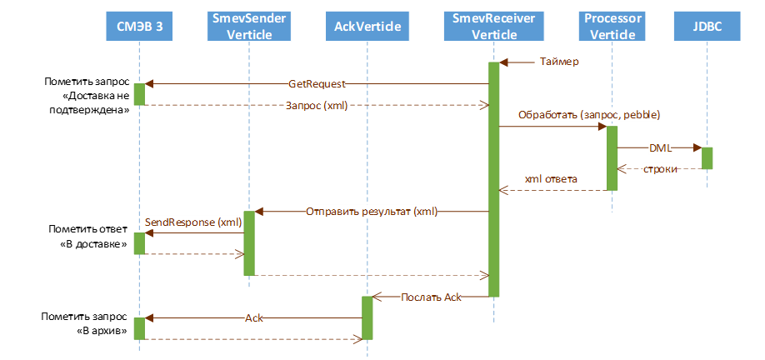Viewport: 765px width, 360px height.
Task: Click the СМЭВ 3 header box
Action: point(139,27)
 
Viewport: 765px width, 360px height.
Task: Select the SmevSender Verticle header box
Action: point(248,27)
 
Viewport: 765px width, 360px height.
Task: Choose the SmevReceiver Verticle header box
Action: point(493,27)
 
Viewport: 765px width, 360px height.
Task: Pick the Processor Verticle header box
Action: point(612,27)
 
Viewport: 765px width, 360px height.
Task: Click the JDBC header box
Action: point(707,27)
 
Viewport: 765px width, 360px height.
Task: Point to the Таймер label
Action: point(559,61)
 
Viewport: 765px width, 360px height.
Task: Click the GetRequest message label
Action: point(317,83)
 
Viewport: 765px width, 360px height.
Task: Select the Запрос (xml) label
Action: point(317,105)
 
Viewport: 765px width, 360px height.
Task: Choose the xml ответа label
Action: point(551,179)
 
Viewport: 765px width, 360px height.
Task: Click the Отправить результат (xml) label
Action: point(372,212)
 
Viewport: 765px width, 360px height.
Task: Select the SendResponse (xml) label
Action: point(193,222)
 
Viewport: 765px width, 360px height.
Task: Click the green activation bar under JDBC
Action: point(707,158)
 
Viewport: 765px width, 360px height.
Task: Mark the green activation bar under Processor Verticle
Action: point(612,158)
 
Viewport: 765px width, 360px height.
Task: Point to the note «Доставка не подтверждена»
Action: point(87,97)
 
